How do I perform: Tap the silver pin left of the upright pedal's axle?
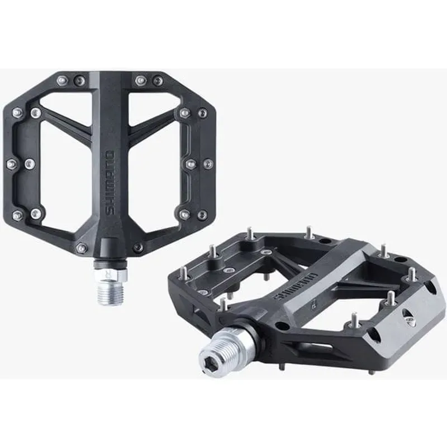pyautogui.click(x=82, y=248)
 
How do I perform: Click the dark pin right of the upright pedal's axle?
pyautogui.click(x=137, y=247)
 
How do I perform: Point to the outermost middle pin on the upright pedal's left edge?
pyautogui.click(x=12, y=164)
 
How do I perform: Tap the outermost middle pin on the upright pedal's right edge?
pyautogui.click(x=208, y=164)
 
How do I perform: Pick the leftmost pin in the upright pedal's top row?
pyautogui.click(x=62, y=80)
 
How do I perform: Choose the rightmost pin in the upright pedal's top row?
pyautogui.click(x=158, y=81)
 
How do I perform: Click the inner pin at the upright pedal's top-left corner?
pyautogui.click(x=36, y=113)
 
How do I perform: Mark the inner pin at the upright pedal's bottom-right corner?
pyautogui.click(x=184, y=213)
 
